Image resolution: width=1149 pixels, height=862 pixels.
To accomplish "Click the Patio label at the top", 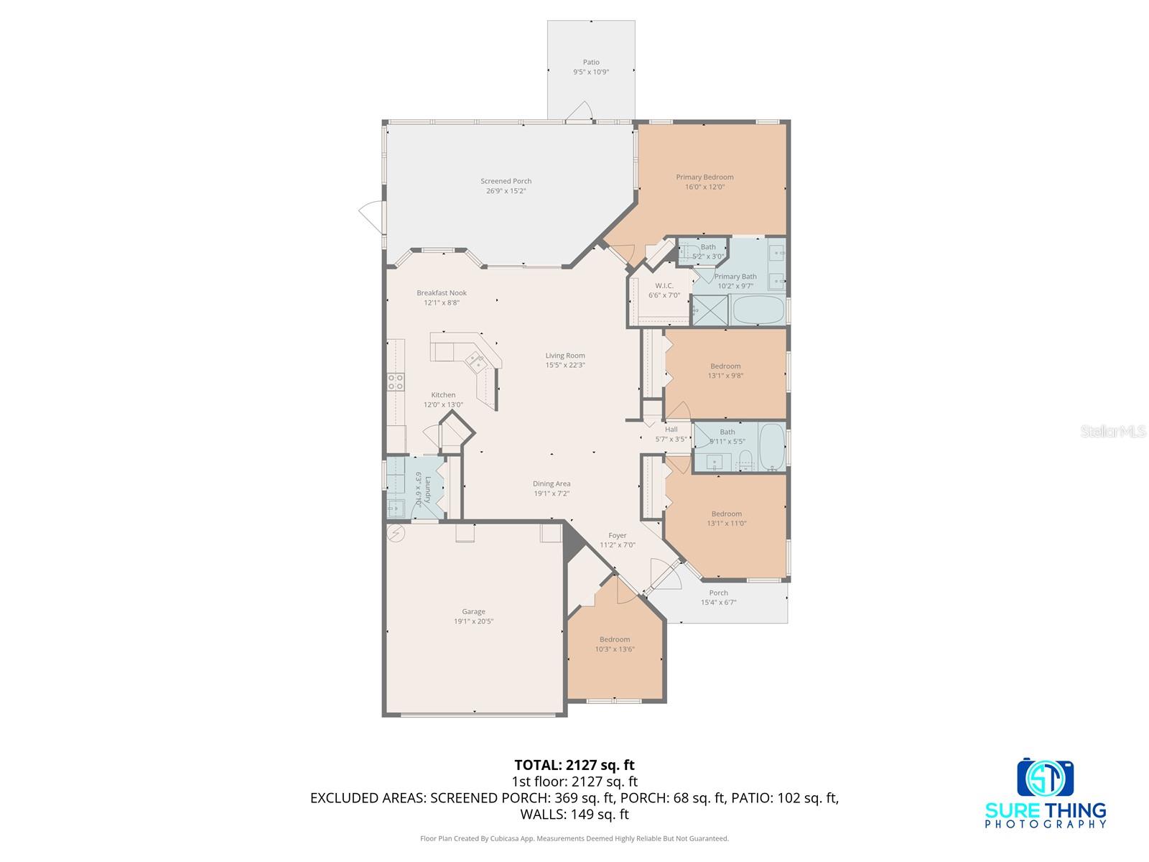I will click(x=591, y=62).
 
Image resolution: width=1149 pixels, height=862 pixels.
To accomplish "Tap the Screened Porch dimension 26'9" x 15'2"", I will click(x=506, y=191).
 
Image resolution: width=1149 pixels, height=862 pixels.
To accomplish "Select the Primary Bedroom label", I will click(x=704, y=177).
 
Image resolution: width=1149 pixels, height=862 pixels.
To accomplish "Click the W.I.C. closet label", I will click(x=664, y=286).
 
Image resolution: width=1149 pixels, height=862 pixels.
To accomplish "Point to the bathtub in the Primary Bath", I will click(x=757, y=311).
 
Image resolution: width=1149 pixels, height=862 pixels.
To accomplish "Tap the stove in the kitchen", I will click(x=396, y=381).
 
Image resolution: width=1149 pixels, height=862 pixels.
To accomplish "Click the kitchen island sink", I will click(x=475, y=362).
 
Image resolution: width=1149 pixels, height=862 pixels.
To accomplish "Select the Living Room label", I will click(x=565, y=356).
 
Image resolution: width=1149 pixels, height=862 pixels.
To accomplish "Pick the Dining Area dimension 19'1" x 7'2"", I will click(x=552, y=493).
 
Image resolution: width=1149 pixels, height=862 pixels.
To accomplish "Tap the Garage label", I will click(x=473, y=612).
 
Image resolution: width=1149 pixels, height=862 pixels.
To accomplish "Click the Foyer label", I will click(x=618, y=535).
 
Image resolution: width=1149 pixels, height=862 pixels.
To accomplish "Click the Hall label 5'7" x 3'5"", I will click(x=671, y=434).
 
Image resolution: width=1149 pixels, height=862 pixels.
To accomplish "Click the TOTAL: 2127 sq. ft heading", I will click(x=574, y=765).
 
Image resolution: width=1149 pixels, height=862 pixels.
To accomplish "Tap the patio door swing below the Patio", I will click(x=579, y=111).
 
